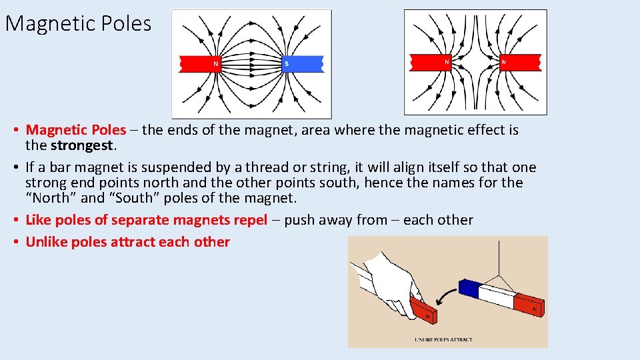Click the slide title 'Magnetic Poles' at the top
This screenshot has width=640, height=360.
[x=78, y=24]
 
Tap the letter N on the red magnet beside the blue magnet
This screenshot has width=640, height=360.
[x=215, y=64]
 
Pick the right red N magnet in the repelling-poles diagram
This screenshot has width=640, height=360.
[x=520, y=62]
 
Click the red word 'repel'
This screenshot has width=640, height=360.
[x=247, y=220]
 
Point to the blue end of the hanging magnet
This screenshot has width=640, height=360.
[x=470, y=288]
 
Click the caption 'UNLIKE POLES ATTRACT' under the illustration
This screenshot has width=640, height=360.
[x=443, y=339]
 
